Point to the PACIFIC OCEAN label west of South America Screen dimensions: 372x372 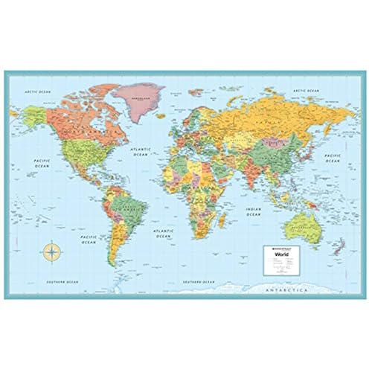pos(89,240)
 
